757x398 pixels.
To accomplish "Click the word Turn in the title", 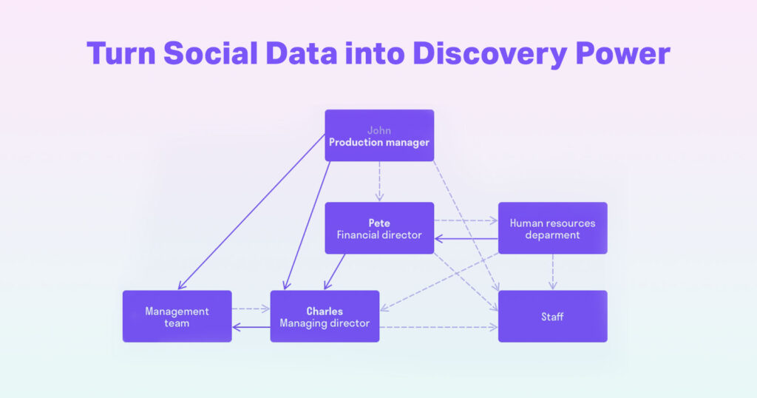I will (x=120, y=54).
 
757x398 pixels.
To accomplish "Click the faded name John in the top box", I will (x=379, y=130).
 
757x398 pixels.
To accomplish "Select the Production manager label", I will (x=379, y=142).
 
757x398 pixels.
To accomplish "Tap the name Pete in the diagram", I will (x=379, y=223).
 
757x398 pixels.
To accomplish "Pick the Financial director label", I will (x=379, y=235).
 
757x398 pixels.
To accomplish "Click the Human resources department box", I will (x=552, y=228).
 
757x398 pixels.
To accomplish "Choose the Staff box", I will (x=552, y=317).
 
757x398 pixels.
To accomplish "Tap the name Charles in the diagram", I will (x=325, y=311).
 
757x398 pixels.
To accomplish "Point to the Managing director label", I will (x=325, y=323).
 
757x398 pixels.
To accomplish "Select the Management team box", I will (x=177, y=317).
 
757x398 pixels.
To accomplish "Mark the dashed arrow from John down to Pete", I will (x=379, y=181).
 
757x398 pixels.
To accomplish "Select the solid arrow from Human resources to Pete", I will (x=466, y=238).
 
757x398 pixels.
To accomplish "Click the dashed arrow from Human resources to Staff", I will (x=552, y=271).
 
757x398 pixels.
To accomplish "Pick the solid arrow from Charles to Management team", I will (x=251, y=326).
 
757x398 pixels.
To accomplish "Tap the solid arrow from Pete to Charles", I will (x=335, y=271).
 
